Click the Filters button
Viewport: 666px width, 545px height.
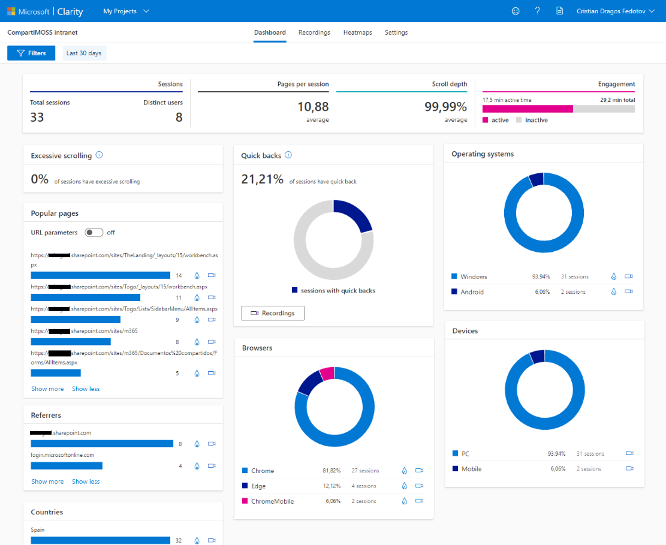(x=31, y=53)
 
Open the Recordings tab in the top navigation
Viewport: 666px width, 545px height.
(x=314, y=33)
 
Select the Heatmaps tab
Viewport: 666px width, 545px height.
(x=357, y=33)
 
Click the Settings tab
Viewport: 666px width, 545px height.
(x=396, y=33)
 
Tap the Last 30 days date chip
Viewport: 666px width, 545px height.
(x=85, y=53)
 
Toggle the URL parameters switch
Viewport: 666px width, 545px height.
(x=93, y=233)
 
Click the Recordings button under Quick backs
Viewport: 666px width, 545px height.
(x=273, y=313)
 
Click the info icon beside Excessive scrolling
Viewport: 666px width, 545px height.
(x=99, y=155)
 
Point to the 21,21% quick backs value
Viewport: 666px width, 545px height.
(x=262, y=179)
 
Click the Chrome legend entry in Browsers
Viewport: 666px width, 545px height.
(x=262, y=471)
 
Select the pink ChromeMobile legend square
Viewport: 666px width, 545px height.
(x=245, y=501)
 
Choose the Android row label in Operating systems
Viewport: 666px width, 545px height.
(x=472, y=292)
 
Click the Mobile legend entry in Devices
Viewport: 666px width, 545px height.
(x=471, y=469)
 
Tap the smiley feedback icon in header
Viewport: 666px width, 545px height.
(x=515, y=11)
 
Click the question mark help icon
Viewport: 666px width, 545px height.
(x=537, y=11)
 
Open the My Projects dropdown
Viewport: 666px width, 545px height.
(x=126, y=11)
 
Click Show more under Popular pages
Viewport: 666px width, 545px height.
(x=47, y=389)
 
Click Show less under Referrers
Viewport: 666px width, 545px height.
(x=86, y=482)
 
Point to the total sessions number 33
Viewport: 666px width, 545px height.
(x=37, y=117)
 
